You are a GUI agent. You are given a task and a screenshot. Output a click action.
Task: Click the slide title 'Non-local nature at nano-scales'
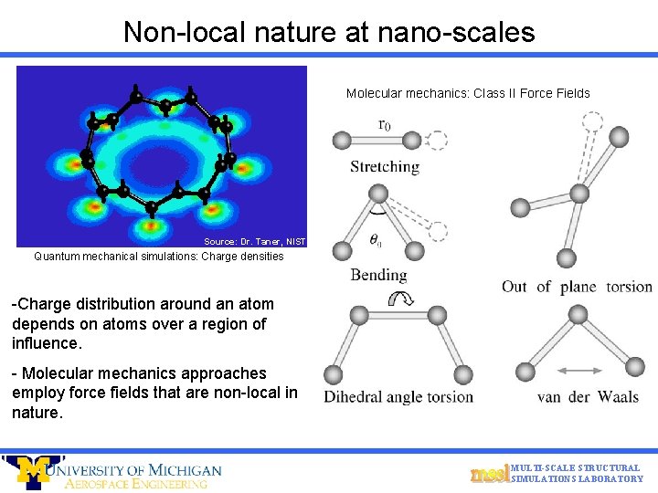[329, 32]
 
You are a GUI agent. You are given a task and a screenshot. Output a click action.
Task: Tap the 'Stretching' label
[385, 167]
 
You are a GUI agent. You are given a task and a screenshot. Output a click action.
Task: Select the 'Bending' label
[378, 275]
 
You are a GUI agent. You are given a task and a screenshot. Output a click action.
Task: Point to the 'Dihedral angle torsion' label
[398, 396]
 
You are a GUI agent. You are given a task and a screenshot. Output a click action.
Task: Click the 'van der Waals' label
[588, 396]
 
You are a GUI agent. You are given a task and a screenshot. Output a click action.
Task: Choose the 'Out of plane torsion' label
[577, 287]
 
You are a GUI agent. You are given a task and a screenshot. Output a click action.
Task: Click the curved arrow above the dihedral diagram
[399, 298]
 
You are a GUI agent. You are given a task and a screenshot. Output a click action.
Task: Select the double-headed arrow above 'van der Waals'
[576, 371]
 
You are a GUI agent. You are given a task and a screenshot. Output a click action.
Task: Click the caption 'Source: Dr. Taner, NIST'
[254, 242]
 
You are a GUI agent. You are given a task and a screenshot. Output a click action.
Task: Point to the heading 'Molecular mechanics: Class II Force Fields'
[468, 93]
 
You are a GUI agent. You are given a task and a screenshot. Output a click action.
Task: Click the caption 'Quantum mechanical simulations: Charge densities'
[159, 257]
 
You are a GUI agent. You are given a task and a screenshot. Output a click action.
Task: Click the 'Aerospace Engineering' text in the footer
[136, 484]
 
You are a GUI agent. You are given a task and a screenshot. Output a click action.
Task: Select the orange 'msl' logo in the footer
[488, 473]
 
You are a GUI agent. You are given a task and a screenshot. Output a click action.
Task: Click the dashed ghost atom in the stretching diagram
[436, 141]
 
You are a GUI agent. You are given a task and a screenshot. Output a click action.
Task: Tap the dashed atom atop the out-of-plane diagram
[592, 121]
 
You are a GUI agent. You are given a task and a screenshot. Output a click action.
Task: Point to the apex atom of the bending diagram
[377, 194]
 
